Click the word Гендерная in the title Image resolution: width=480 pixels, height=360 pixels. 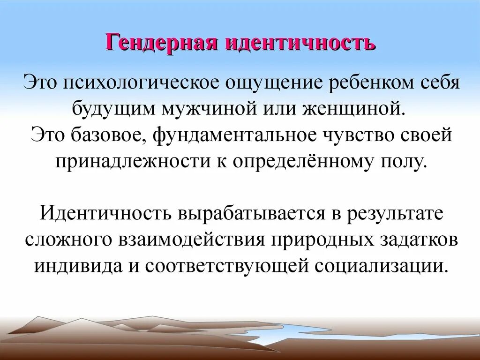point(161,43)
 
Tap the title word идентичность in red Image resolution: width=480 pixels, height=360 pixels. point(300,43)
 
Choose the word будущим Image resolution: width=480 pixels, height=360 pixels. point(115,109)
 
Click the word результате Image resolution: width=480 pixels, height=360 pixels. point(394,213)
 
